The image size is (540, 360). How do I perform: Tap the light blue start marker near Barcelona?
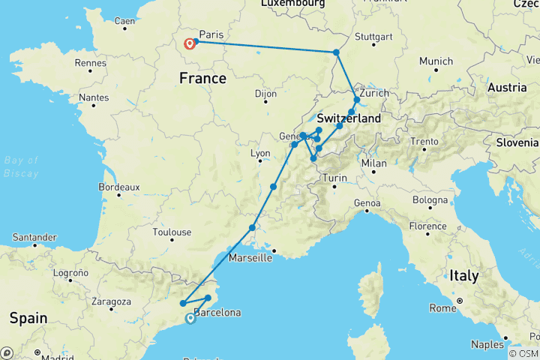tap(190, 319)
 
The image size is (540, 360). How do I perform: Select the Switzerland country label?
tap(349, 119)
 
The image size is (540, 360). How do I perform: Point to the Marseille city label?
tap(249, 258)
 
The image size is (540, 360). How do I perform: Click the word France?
tap(202, 78)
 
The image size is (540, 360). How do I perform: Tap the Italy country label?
tap(463, 275)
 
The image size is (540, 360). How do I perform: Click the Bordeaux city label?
tap(119, 187)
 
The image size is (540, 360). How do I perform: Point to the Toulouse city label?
tap(172, 232)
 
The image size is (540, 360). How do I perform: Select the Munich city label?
tap(436, 61)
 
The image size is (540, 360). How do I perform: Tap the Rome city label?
tap(443, 308)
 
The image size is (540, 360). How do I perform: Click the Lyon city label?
tap(259, 154)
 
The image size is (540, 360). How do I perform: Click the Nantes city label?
tap(93, 97)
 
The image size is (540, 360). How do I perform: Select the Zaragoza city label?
tap(109, 301)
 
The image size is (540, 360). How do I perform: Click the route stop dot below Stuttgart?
tap(337, 52)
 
